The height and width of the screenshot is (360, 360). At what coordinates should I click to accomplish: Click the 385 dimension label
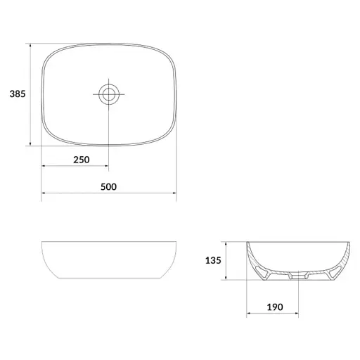(x=18, y=94)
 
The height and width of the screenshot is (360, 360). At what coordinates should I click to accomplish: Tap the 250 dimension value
(x=82, y=160)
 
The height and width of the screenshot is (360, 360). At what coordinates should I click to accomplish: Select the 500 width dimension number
(x=108, y=187)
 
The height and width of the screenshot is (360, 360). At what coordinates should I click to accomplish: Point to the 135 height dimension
(x=213, y=260)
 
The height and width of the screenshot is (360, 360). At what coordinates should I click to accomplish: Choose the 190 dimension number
(x=275, y=307)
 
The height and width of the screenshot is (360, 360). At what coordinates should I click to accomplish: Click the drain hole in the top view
(x=109, y=94)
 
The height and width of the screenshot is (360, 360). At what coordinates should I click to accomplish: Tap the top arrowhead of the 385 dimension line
(x=30, y=45)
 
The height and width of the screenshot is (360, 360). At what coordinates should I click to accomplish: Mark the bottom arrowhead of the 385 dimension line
(x=30, y=143)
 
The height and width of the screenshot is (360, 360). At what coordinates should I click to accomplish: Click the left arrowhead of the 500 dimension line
(x=44, y=193)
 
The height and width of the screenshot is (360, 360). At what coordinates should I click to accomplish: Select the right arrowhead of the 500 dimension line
(x=174, y=193)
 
